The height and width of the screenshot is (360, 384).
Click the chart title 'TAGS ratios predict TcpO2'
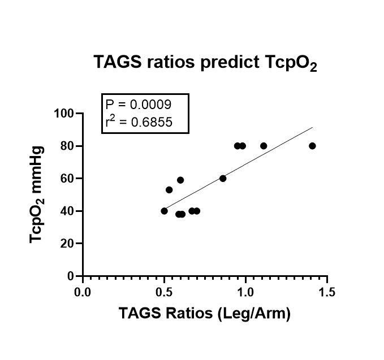click(x=205, y=64)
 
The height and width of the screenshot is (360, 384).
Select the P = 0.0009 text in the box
click(x=138, y=105)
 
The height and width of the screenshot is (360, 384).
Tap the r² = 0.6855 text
click(x=138, y=121)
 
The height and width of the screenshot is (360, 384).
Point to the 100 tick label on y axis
click(x=64, y=114)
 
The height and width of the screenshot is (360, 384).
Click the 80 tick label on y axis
click(x=68, y=146)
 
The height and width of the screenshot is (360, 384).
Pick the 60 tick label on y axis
click(x=68, y=179)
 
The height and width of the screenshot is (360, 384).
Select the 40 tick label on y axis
click(x=68, y=211)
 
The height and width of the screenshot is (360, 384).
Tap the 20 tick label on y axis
click(x=68, y=244)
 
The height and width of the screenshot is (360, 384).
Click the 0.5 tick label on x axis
click(x=164, y=292)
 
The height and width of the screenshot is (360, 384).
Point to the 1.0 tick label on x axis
click(x=245, y=292)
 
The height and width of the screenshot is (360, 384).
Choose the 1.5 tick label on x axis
click(x=327, y=292)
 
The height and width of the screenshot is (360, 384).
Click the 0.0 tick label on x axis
click(x=83, y=292)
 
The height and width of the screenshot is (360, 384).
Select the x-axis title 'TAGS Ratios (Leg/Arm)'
click(x=204, y=314)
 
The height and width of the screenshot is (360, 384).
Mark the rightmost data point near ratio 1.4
click(x=312, y=146)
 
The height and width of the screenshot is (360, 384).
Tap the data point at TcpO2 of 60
click(x=223, y=179)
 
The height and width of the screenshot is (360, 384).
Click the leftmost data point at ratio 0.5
click(x=165, y=211)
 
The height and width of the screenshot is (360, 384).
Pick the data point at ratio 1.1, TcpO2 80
click(x=264, y=146)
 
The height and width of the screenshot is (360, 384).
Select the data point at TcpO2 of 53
click(x=169, y=190)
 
